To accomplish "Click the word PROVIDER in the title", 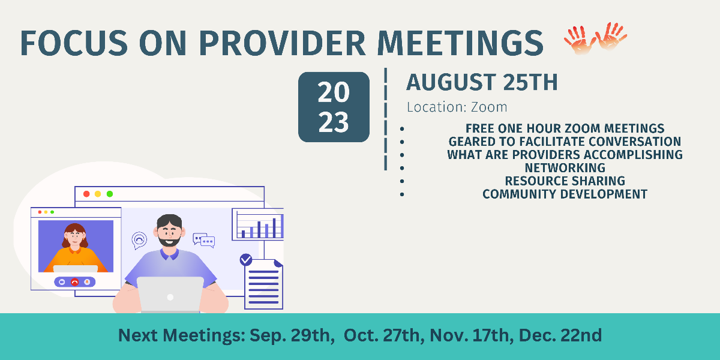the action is click(282, 43).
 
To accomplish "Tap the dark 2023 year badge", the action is click(334, 107).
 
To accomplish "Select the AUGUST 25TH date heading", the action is click(482, 82).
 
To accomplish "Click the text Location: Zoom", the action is click(457, 107).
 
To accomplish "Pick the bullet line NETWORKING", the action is click(565, 168).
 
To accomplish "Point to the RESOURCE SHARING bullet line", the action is click(565, 181).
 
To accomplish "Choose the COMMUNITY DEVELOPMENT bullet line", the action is click(565, 194).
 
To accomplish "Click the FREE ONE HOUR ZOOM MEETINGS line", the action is click(565, 128).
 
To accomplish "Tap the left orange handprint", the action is click(580, 40).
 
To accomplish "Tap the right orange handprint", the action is click(611, 36).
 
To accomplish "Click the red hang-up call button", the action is click(74, 282).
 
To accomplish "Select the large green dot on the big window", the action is click(110, 194).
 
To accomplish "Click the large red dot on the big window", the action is click(86, 194).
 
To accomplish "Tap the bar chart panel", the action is click(258, 224).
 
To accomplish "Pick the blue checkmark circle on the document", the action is click(246, 260).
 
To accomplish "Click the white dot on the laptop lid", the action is click(170, 298).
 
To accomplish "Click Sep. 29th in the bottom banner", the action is click(290, 335).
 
